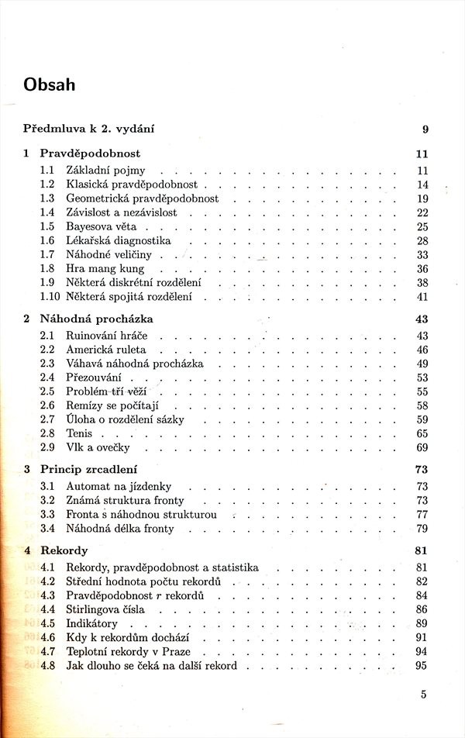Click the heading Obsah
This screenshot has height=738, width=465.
[50, 84]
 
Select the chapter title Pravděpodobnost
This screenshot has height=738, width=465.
[90, 153]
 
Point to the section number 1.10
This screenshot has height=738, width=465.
[50, 296]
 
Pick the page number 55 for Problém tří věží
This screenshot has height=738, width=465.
[422, 391]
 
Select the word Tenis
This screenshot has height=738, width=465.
[79, 433]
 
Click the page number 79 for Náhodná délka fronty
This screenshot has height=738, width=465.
[422, 529]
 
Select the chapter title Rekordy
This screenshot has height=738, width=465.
[65, 550]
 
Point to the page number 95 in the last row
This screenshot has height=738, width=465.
[422, 665]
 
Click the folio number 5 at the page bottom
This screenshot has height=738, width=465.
[424, 695]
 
